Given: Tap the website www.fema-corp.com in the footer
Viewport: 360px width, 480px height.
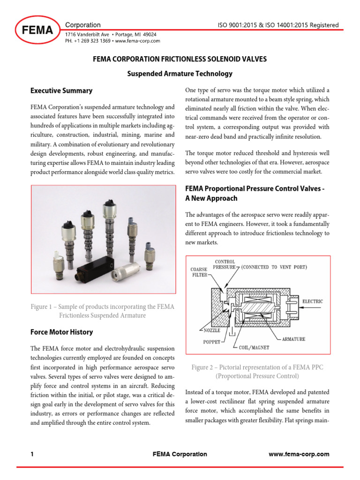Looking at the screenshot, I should (299, 454).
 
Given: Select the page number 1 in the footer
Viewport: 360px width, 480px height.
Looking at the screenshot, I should (32, 454).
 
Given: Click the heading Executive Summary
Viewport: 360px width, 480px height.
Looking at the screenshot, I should (61, 90).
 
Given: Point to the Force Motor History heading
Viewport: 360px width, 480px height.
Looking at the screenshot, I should (61, 332).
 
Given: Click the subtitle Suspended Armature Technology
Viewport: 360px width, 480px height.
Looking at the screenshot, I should (180, 74).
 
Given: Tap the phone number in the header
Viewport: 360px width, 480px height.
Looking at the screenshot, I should (88, 41).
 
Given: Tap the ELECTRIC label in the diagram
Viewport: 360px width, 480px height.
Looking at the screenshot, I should (313, 301).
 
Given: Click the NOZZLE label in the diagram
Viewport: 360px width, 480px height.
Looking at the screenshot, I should (202, 330).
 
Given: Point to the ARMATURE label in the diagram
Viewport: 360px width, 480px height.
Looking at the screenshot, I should (293, 338).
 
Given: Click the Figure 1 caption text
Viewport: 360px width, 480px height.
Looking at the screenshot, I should (102, 311).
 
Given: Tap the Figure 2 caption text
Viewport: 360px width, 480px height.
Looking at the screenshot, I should (257, 372).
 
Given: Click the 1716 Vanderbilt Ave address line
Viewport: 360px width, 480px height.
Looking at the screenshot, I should (111, 35).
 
